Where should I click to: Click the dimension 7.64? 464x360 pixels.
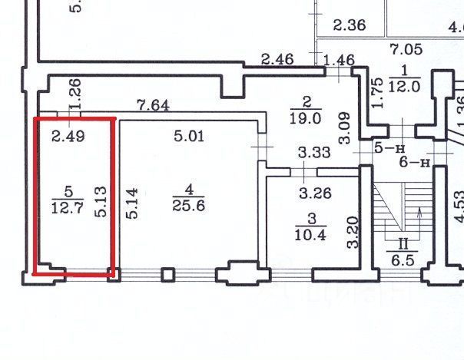pos(153,105)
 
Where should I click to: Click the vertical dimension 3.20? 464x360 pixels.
pos(353,233)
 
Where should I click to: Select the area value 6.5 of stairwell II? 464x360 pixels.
pos(401,260)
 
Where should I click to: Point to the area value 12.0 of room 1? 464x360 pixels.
pos(403,87)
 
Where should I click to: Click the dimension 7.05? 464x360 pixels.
pos(406,51)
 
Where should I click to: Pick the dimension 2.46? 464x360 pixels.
pos(277,59)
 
